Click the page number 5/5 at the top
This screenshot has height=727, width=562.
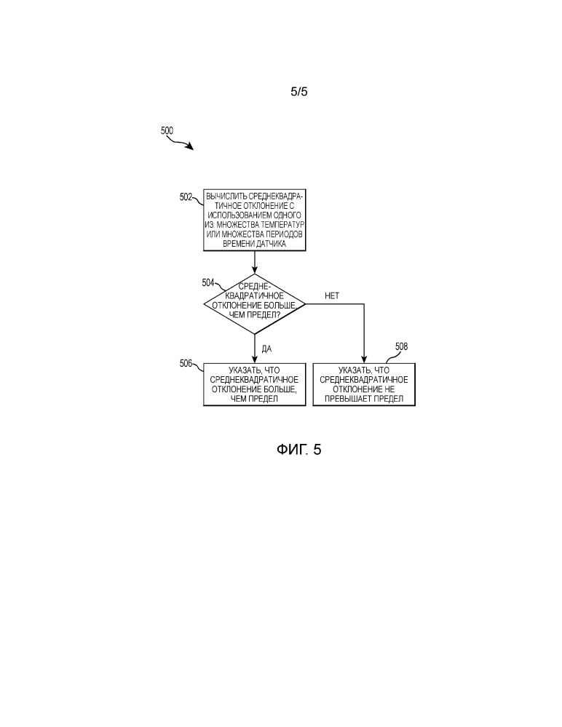[x=299, y=92]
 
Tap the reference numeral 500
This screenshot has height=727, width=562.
[x=167, y=131]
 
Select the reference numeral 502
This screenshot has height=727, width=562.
[x=186, y=197]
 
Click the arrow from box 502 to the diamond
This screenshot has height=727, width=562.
[x=255, y=263]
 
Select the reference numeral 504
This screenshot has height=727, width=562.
[x=208, y=283]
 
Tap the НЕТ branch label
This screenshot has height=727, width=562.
[x=332, y=295]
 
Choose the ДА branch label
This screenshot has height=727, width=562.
[x=266, y=349]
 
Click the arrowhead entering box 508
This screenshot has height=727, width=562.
[x=364, y=359]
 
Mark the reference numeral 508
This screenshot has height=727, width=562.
[x=402, y=347]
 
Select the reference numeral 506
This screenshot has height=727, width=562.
[x=186, y=364]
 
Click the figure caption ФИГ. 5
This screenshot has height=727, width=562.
[x=299, y=449]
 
